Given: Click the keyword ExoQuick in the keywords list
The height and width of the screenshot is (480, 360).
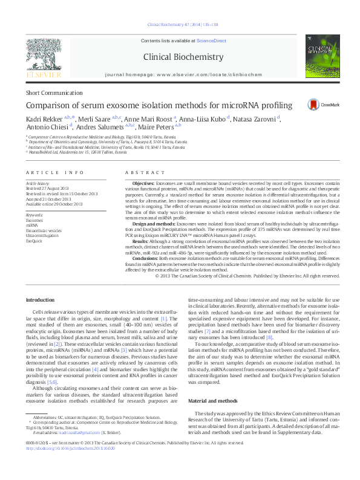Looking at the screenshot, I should [x=34, y=240].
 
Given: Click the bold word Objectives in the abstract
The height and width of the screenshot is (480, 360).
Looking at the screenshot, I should [x=143, y=182].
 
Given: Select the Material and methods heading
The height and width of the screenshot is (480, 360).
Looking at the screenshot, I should [x=214, y=400].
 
